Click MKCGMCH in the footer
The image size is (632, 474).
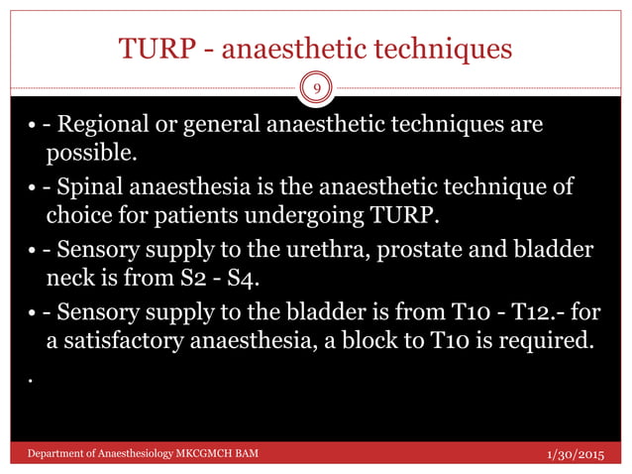tap(202, 454)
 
